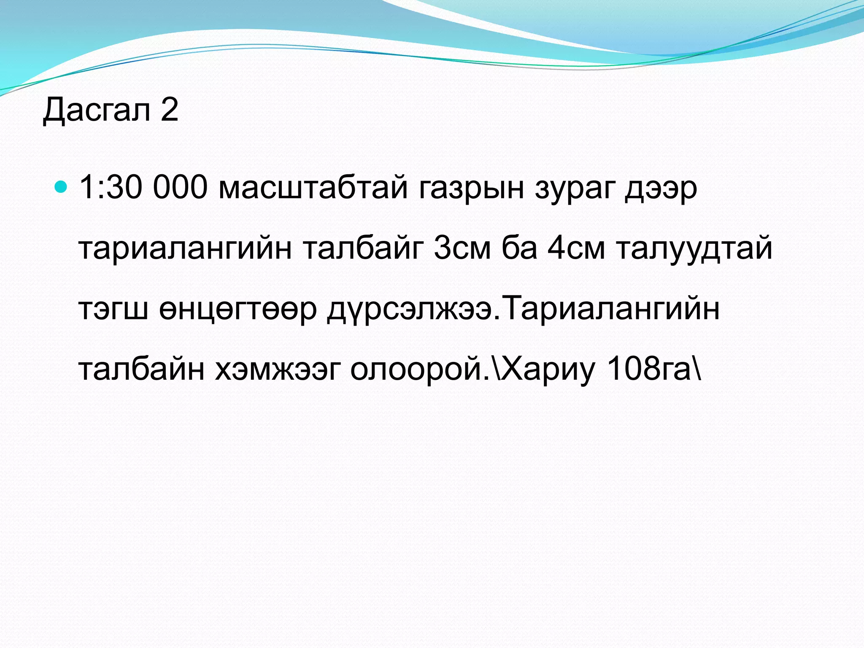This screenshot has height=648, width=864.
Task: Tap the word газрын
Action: pos(472,188)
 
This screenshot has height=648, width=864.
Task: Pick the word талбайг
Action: pos(363,248)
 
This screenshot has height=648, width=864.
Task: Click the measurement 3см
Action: pos(462,248)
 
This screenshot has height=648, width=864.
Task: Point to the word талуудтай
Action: pos(694,248)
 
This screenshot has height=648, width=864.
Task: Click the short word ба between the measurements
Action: pos(520,248)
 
